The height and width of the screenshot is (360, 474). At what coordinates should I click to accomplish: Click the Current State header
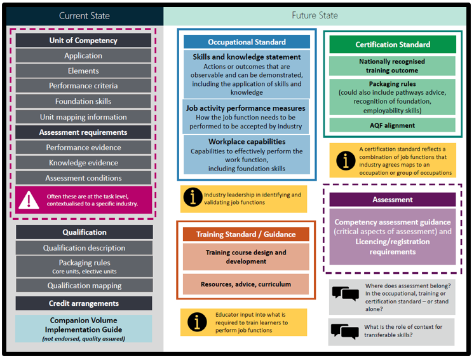[x=84, y=15]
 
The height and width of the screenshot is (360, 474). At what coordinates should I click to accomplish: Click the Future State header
[x=315, y=15]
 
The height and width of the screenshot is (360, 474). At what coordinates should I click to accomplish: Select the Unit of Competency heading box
[x=83, y=41]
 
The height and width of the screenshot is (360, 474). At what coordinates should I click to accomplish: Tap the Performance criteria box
[x=83, y=86]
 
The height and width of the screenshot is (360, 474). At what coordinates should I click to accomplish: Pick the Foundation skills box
[x=83, y=101]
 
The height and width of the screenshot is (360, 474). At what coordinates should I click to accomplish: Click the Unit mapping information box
[x=83, y=117]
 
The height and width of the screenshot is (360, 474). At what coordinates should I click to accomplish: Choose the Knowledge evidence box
[x=83, y=163]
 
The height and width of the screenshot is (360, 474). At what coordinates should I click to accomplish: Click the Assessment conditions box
[x=83, y=178]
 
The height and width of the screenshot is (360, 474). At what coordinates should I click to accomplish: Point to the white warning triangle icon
[x=29, y=200]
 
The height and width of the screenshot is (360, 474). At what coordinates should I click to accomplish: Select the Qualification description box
[x=84, y=248]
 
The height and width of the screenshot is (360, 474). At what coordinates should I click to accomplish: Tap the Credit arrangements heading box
[x=84, y=303]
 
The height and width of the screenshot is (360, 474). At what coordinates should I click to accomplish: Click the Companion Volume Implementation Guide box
[x=84, y=329]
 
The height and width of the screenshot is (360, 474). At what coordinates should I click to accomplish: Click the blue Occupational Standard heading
[x=247, y=42]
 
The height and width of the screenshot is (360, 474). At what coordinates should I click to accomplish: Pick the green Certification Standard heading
[x=393, y=45]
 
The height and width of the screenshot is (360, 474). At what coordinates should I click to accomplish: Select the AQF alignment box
[x=393, y=125]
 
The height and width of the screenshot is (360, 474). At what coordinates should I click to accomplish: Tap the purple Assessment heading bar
[x=393, y=200]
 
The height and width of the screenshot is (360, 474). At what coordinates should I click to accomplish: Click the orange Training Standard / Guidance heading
[x=245, y=235]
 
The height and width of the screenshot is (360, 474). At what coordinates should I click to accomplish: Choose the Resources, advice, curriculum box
[x=245, y=284]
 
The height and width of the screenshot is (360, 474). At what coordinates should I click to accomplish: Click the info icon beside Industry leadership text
[x=193, y=198]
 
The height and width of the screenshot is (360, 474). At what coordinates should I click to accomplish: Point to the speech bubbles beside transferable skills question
[x=345, y=331]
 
